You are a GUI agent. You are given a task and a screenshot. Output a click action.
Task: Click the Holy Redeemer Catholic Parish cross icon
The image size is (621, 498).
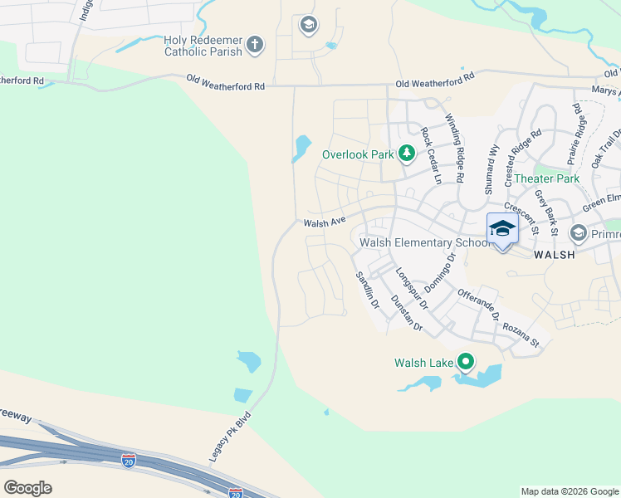click(x=255, y=44)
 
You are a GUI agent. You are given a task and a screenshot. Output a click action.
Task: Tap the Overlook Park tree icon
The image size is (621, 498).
click(x=406, y=154)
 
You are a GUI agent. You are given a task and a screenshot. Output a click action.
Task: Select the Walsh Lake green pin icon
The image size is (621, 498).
click(x=466, y=362)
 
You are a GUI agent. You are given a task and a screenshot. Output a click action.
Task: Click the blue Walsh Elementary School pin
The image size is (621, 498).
click(x=502, y=228)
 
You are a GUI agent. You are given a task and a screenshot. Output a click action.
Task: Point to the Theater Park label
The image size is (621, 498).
click(x=546, y=178)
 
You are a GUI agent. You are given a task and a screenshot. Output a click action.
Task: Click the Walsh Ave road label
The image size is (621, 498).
click(x=324, y=222)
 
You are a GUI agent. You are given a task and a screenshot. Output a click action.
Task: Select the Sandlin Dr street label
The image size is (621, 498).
click(x=367, y=290)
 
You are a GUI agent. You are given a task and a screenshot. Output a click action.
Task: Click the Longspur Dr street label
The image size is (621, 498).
click(x=411, y=288)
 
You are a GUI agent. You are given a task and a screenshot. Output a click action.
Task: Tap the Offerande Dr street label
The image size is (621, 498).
click(x=478, y=305)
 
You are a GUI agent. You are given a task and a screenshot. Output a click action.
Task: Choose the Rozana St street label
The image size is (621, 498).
click(x=520, y=332)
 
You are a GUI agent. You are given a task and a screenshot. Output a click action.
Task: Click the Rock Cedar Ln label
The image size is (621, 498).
click(x=431, y=155)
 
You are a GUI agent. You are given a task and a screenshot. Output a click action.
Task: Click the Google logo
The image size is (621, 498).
click(x=28, y=488)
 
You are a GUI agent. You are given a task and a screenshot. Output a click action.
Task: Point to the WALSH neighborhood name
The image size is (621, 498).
click(x=554, y=255)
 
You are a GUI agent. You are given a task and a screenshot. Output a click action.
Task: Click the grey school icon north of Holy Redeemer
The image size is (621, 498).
click(x=309, y=25)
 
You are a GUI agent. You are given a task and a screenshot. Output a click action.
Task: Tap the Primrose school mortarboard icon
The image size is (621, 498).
click(x=579, y=234)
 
